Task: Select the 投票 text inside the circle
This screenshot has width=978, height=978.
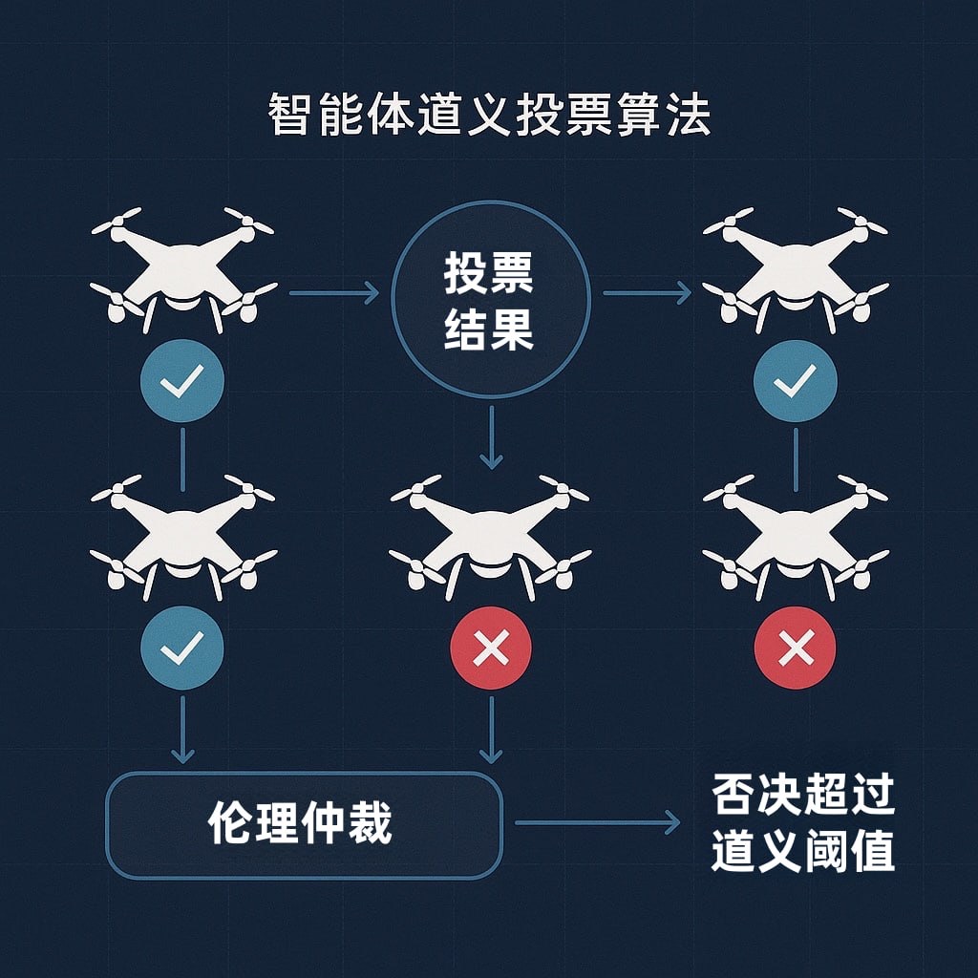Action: pyautogui.click(x=489, y=275)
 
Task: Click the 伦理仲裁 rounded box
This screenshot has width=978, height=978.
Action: pyautogui.click(x=304, y=823)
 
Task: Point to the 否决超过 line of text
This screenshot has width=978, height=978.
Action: pyautogui.click(x=803, y=795)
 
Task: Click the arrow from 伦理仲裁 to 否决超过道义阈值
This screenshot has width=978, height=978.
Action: pyautogui.click(x=597, y=822)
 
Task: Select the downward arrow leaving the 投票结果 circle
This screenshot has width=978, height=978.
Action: pyautogui.click(x=491, y=437)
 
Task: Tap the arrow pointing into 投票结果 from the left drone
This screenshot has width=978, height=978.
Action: pyautogui.click(x=333, y=293)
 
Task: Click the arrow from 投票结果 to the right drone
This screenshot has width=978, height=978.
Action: pyautogui.click(x=647, y=293)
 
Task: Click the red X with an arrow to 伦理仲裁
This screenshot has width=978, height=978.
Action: pyautogui.click(x=491, y=650)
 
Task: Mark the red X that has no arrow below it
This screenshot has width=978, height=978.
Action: pyautogui.click(x=795, y=650)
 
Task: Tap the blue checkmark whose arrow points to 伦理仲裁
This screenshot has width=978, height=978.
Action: pyautogui.click(x=181, y=648)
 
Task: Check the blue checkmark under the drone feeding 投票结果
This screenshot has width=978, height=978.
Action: pyautogui.click(x=181, y=382)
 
